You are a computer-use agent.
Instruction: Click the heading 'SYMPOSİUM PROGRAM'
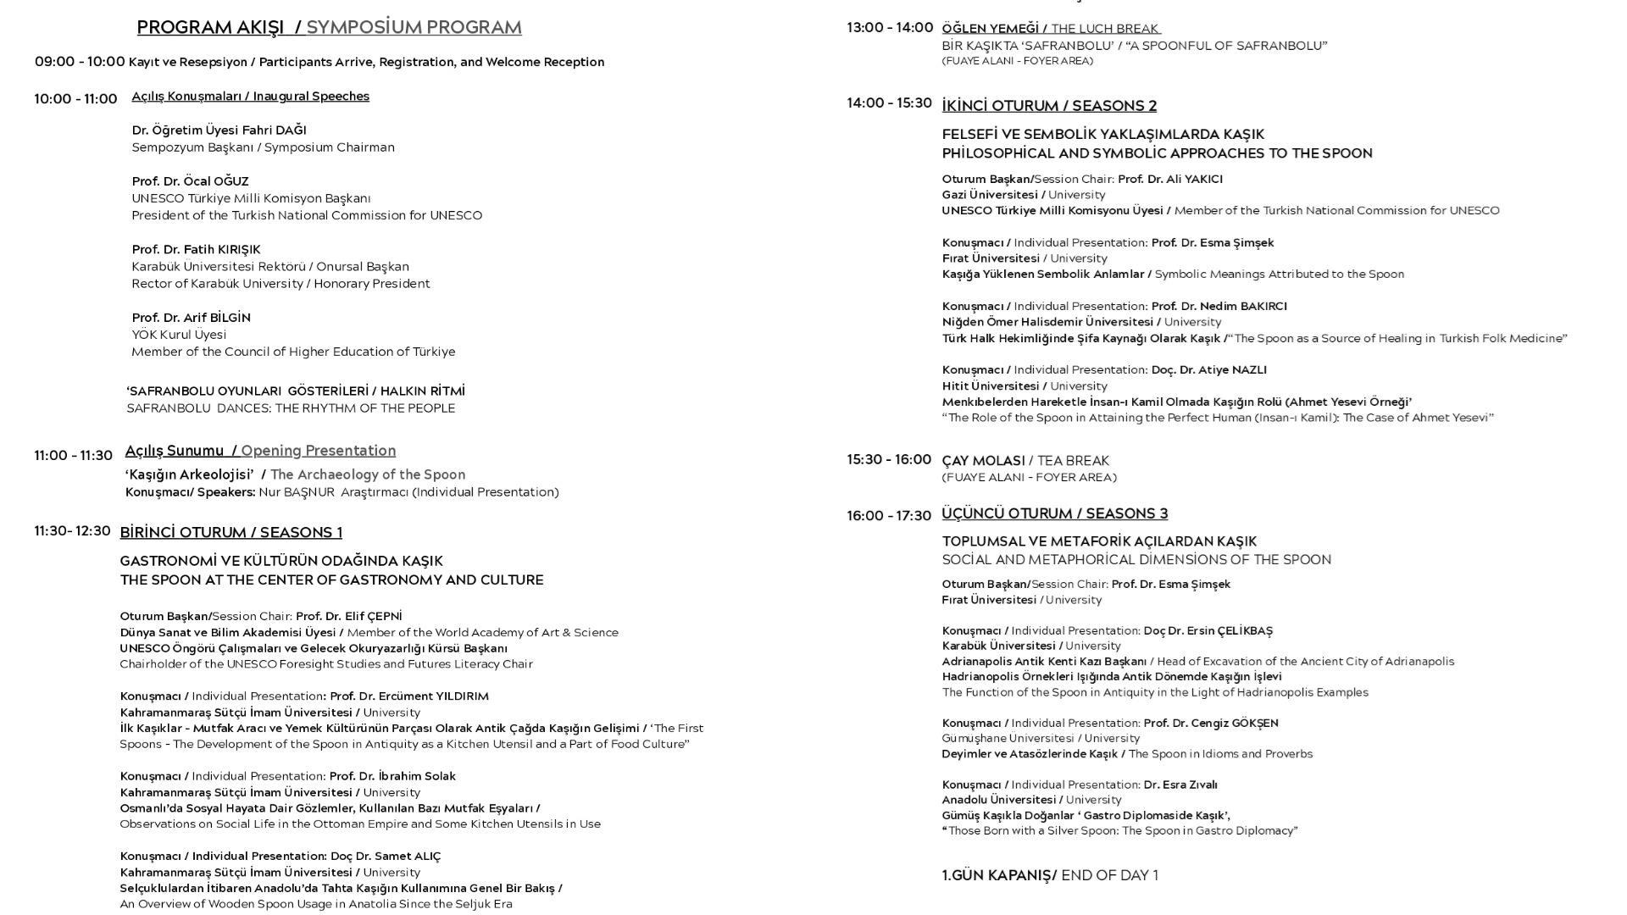pos(414,28)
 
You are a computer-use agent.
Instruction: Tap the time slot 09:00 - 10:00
pos(80,62)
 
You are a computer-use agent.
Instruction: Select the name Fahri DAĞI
pos(274,130)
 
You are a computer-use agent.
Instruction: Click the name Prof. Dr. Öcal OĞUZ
pos(190,181)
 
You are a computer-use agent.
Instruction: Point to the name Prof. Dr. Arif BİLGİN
pos(191,318)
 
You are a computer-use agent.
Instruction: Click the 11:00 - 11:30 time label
pos(73,456)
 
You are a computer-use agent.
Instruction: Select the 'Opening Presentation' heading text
pos(318,451)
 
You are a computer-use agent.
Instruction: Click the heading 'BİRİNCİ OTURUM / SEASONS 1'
pos(230,533)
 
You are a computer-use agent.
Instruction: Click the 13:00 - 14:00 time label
pos(890,28)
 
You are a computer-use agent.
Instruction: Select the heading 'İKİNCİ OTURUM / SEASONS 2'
pos(1049,106)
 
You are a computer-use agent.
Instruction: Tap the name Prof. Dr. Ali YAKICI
pos(1170,180)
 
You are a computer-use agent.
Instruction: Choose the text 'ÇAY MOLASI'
pos(983,461)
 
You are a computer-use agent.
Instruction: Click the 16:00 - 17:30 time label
pos(889,516)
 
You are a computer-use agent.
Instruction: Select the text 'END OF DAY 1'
pos(1109,876)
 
